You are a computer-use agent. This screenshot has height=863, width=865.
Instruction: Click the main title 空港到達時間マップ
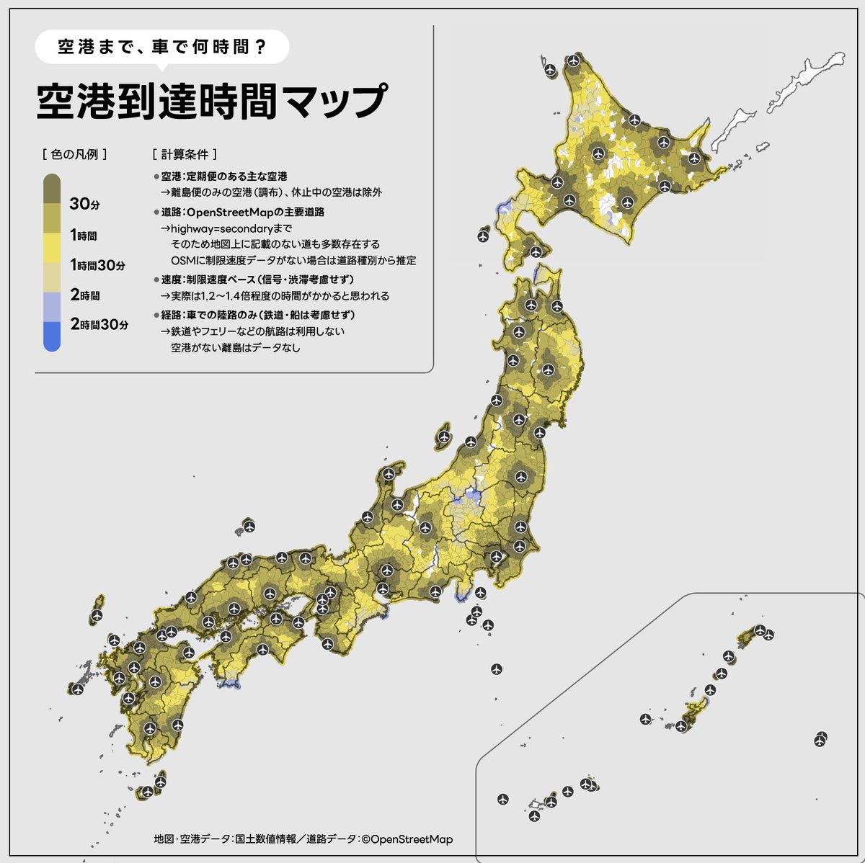pos(210,102)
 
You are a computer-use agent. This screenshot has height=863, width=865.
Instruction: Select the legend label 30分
pos(84,205)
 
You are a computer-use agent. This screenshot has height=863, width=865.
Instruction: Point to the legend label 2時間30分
pos(99,325)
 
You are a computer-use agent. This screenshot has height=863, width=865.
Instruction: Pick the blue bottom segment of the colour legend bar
pos(51,336)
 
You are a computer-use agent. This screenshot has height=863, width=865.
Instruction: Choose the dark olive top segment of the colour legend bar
pos(51,189)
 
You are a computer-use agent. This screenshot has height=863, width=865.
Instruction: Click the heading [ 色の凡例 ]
pos(75,154)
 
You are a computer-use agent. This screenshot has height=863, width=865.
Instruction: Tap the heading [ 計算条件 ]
pos(185,154)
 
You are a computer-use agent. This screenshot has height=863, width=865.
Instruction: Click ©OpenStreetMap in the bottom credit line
pos(407,839)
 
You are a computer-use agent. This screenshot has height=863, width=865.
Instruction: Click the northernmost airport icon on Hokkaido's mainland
pos(573,61)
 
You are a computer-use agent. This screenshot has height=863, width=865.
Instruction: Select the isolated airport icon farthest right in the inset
pos(820,739)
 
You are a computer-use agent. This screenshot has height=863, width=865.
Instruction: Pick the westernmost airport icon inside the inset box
pos(502,799)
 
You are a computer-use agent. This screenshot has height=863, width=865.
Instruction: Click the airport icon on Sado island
pos(444,437)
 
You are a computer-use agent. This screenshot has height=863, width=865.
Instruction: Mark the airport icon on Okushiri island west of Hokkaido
pos(483,236)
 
